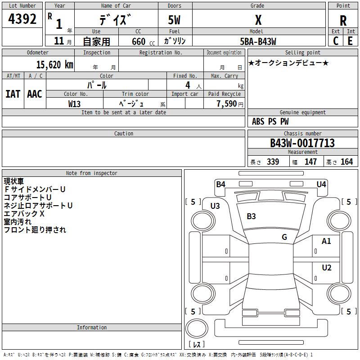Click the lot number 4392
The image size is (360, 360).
(22, 19)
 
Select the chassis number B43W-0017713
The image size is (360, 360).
(302, 143)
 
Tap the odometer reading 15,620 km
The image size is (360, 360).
(55, 65)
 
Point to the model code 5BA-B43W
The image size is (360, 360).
(258, 41)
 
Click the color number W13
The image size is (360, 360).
(74, 104)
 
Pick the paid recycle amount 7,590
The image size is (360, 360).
(227, 104)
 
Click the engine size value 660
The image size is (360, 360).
(139, 41)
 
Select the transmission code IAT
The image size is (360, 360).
(13, 94)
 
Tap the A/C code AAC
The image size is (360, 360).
(35, 94)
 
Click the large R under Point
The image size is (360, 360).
(343, 21)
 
